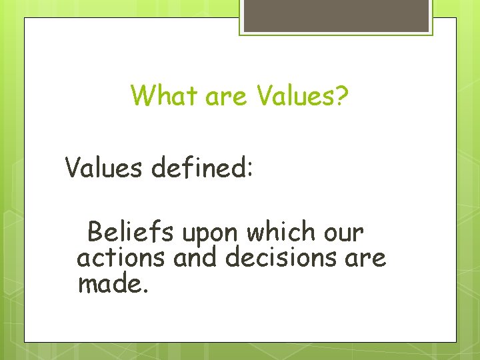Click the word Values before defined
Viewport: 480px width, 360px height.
click(104, 168)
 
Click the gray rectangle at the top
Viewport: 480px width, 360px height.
click(335, 15)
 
